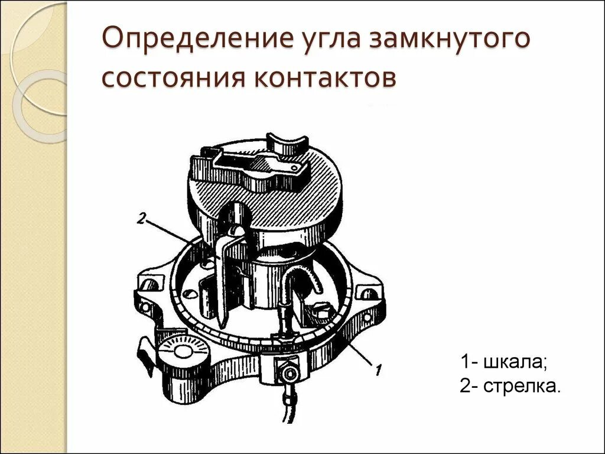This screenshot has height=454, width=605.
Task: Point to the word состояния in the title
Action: click(172, 79)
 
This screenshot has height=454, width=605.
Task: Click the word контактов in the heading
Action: click(324, 79)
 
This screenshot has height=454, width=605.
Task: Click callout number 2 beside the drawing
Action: click(141, 219)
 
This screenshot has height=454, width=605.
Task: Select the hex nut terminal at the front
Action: click(289, 373)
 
